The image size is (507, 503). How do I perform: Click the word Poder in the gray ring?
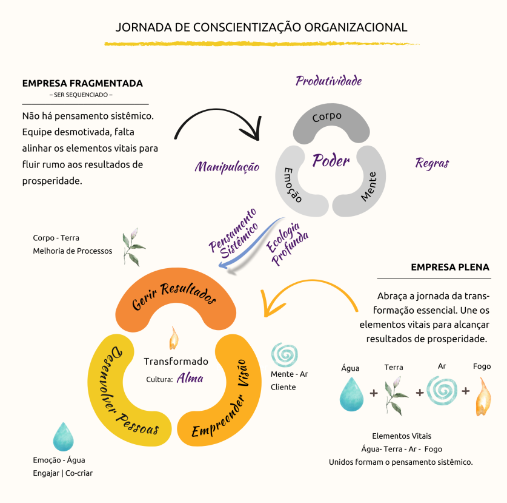click(x=331, y=160)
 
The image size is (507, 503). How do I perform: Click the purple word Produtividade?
click(x=328, y=81)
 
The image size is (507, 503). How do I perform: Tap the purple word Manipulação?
click(x=227, y=167)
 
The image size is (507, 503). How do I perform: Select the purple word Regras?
click(x=432, y=163)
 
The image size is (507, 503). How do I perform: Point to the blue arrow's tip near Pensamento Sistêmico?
click(x=219, y=265)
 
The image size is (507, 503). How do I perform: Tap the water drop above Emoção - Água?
click(x=64, y=437)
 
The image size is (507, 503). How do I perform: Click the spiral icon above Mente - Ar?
click(x=285, y=355)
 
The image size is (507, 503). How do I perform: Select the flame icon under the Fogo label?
click(x=483, y=397)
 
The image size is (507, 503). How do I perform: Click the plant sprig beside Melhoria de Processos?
click(x=133, y=247)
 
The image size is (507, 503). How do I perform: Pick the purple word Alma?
click(x=190, y=378)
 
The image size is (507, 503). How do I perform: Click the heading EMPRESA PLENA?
click(x=450, y=267)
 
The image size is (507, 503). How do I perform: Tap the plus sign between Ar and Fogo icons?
click(x=466, y=391)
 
